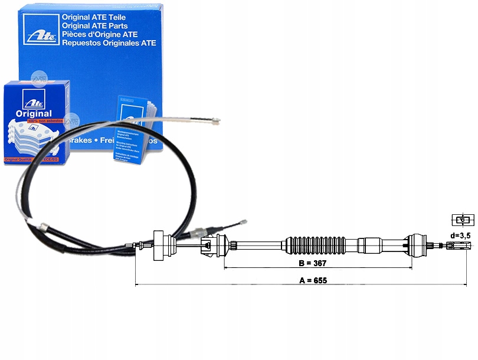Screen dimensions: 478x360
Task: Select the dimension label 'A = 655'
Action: point(313,280)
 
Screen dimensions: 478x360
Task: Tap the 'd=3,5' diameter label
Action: point(460,236)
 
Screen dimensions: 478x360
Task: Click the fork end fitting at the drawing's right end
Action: point(463,246)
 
